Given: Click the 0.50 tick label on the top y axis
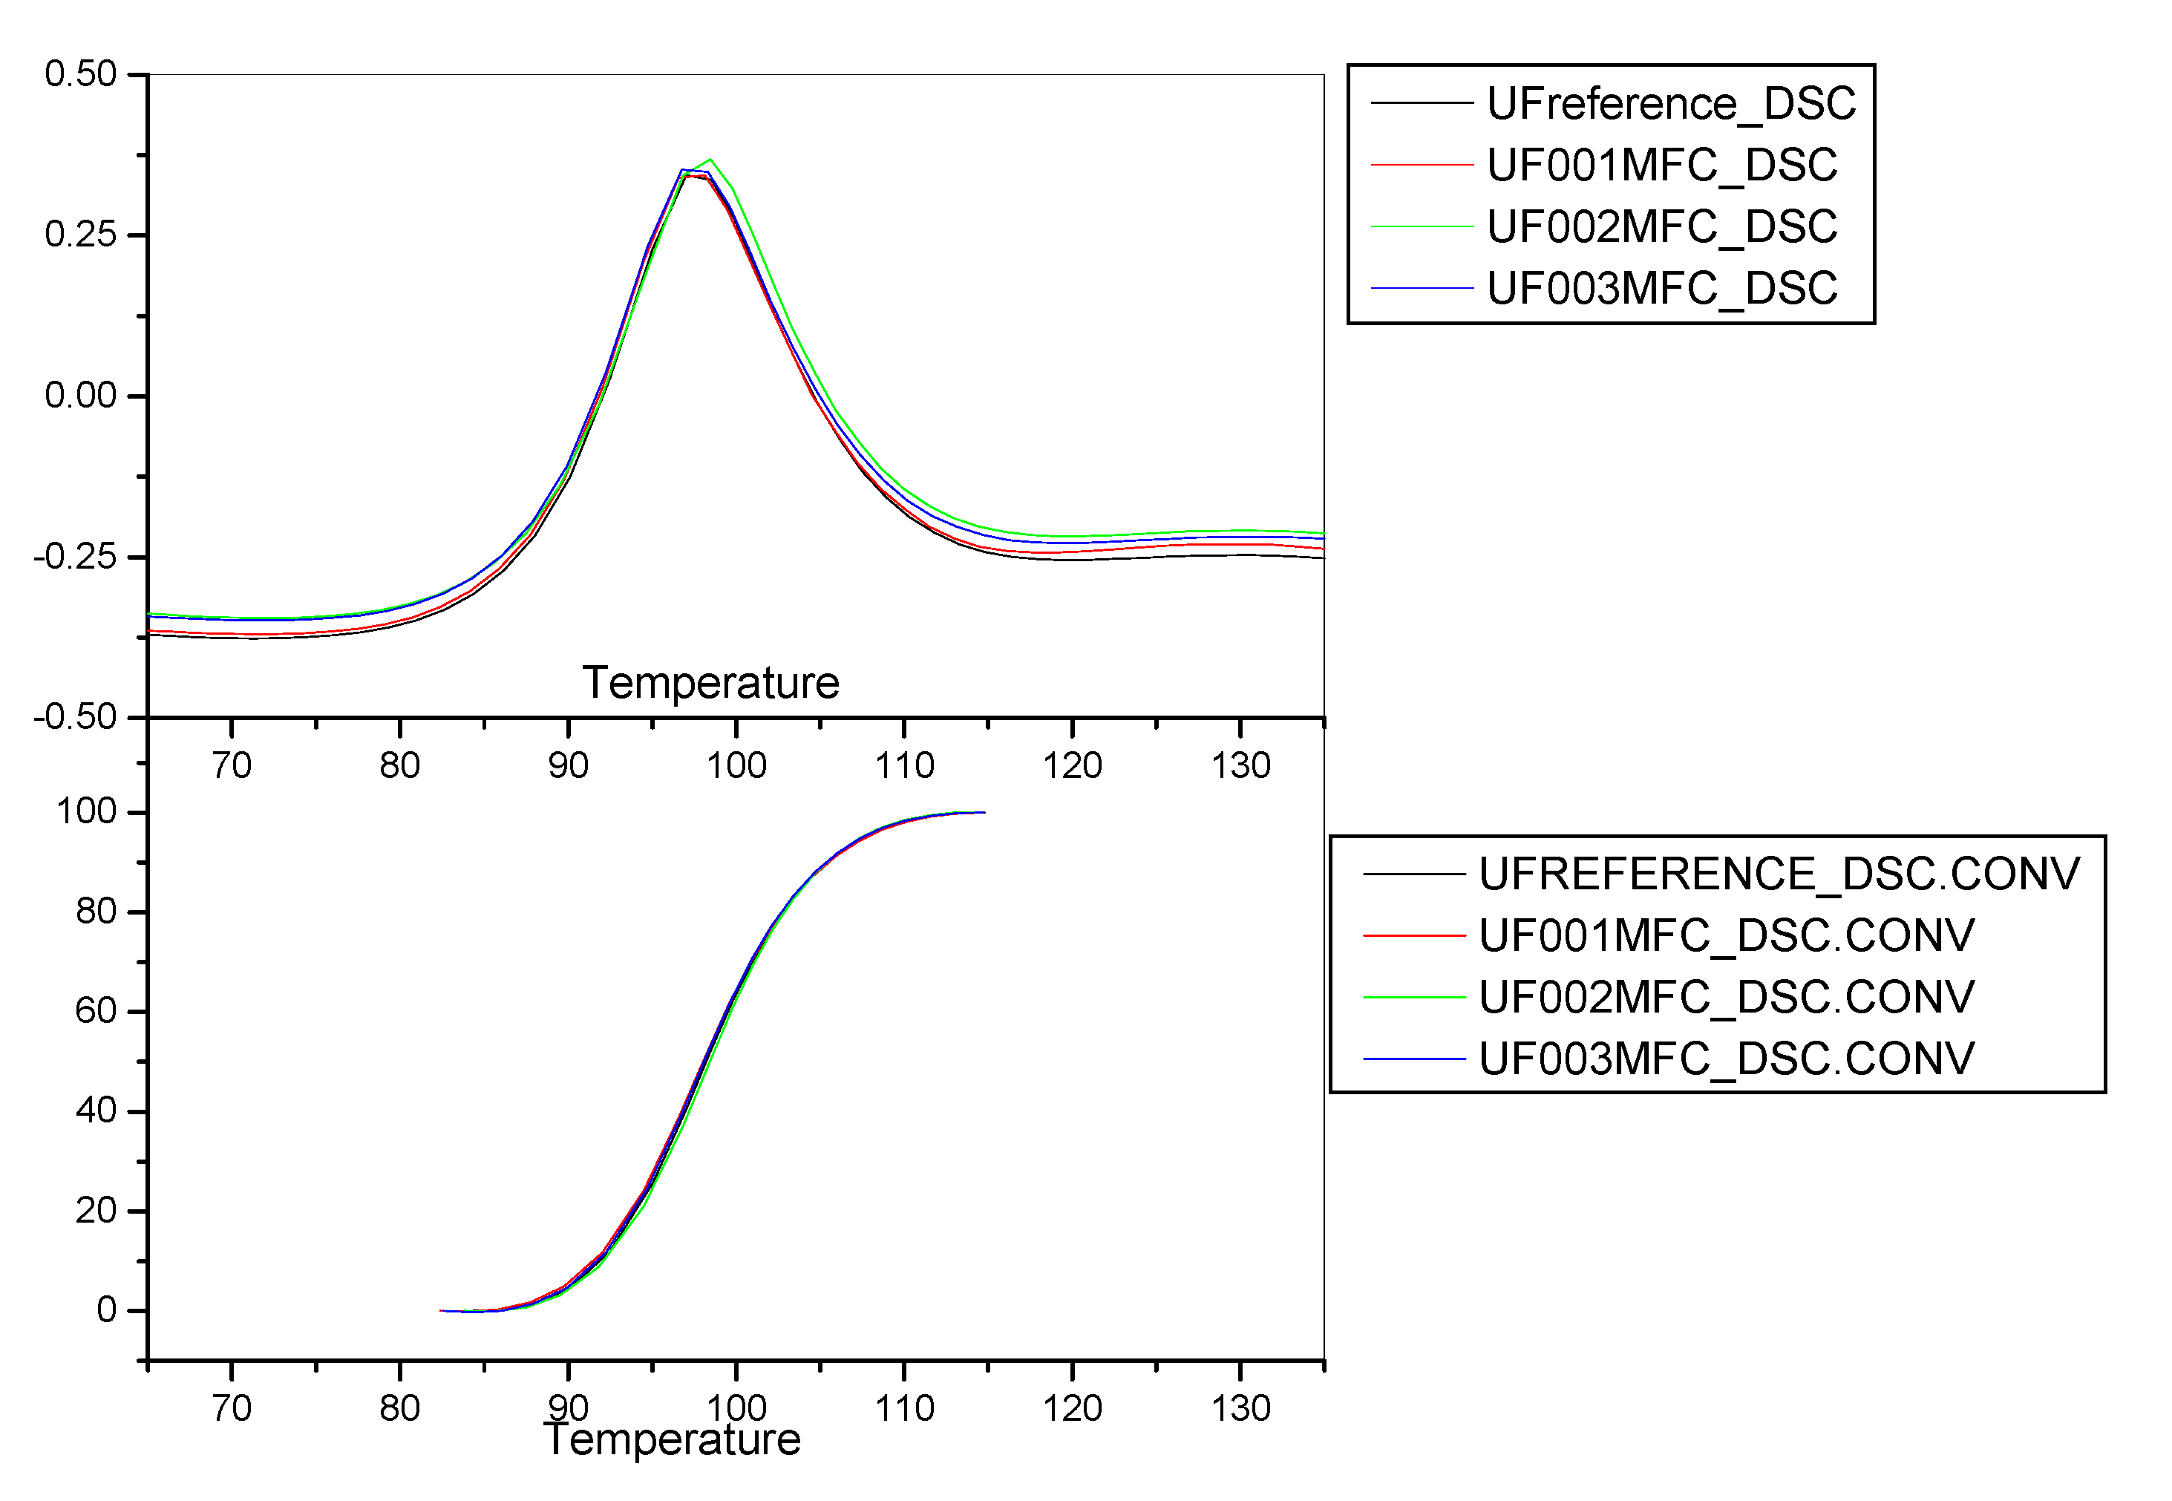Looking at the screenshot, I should click(x=81, y=74).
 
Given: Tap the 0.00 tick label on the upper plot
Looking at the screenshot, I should click(x=81, y=396).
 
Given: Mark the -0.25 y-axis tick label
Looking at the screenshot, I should click(x=75, y=557).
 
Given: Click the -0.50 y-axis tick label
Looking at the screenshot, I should click(x=75, y=718).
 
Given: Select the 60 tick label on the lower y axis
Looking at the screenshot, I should click(x=96, y=1011).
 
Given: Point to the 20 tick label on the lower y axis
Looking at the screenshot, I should click(x=96, y=1211).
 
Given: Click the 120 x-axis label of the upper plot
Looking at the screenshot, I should click(x=1072, y=765).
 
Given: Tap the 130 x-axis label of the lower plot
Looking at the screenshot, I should click(x=1240, y=1409).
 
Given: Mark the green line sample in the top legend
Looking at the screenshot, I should click(x=1421, y=226).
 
